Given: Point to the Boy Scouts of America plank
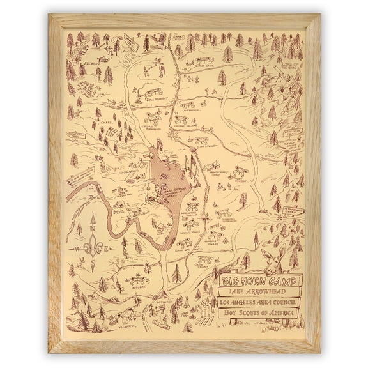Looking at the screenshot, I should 261,312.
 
